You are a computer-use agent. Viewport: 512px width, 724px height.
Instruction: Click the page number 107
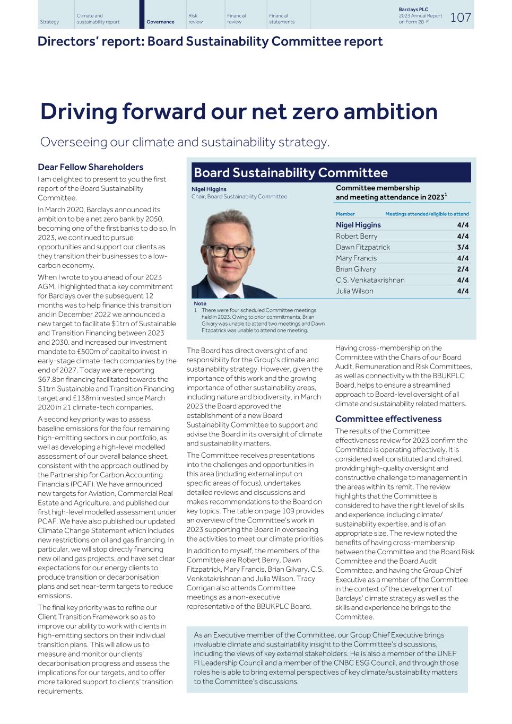click(x=460, y=18)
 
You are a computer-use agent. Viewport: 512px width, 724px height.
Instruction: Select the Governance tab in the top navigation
click(x=160, y=22)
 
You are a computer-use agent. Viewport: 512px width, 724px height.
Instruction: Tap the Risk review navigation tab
click(x=195, y=19)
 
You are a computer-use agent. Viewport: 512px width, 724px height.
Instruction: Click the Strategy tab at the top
click(x=49, y=22)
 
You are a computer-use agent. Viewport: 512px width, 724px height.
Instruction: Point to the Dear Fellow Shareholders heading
click(x=90, y=167)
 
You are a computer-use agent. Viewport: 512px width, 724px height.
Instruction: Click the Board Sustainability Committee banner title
click(x=291, y=173)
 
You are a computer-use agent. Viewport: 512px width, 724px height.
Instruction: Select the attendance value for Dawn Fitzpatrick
click(x=463, y=247)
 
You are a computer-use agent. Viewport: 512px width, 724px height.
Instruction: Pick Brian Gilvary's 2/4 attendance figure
click(x=463, y=269)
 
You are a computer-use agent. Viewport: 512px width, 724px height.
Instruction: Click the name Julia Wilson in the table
click(x=354, y=291)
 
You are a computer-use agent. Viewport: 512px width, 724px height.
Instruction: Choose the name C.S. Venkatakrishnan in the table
click(x=370, y=280)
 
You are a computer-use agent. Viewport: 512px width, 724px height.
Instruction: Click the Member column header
click(x=345, y=214)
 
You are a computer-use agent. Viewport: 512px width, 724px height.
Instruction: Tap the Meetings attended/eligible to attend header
click(x=427, y=214)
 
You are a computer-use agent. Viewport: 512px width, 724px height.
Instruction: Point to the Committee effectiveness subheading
click(x=388, y=419)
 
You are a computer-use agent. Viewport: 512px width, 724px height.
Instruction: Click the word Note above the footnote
click(x=200, y=304)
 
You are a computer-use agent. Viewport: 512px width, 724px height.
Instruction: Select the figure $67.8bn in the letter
click(x=50, y=379)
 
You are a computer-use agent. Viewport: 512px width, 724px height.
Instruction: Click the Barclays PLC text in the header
click(x=413, y=10)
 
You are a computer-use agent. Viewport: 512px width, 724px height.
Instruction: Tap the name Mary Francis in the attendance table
click(x=356, y=258)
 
